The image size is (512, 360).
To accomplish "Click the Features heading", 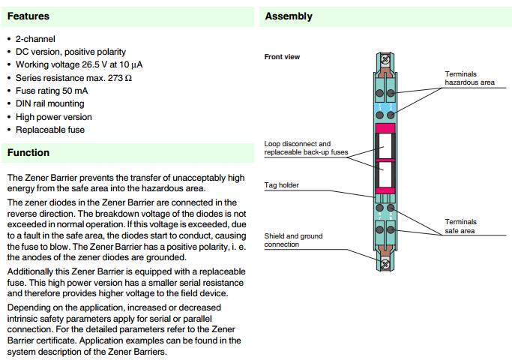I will [x=29, y=16].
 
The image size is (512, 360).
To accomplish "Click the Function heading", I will [x=28, y=152].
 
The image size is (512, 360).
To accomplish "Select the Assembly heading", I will [x=289, y=16].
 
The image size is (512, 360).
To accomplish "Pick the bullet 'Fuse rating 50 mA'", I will [x=50, y=91].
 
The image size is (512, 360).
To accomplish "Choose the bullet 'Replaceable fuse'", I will [x=50, y=130].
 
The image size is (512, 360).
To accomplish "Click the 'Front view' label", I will [x=282, y=57].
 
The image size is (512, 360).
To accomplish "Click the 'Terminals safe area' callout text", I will [x=460, y=226].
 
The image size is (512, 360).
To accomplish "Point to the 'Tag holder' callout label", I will [x=282, y=184].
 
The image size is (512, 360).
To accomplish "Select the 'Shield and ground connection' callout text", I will [x=293, y=240].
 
